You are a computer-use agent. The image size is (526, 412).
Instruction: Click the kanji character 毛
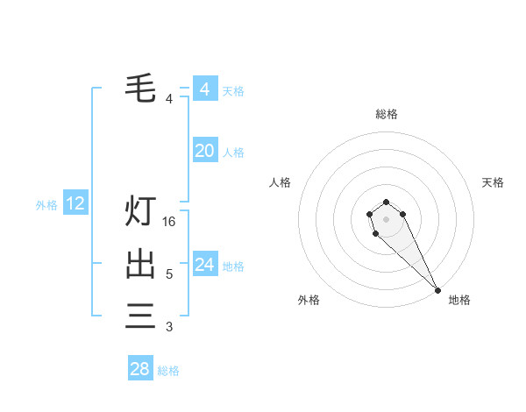click(x=140, y=88)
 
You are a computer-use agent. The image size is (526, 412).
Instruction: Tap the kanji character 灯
click(x=140, y=212)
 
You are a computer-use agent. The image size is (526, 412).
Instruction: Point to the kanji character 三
click(x=140, y=315)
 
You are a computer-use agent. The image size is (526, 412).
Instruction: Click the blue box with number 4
click(x=204, y=89)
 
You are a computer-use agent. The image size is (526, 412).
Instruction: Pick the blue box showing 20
click(x=204, y=151)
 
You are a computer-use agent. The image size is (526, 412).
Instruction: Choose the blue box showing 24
click(x=204, y=264)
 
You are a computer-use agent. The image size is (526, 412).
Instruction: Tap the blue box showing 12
click(x=75, y=204)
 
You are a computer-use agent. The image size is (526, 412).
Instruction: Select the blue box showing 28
click(x=140, y=369)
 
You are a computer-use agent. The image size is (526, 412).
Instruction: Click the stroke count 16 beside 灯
click(x=169, y=222)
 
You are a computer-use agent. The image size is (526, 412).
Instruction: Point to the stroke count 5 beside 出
click(x=169, y=274)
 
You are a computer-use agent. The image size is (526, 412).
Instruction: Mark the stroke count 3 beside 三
click(x=169, y=327)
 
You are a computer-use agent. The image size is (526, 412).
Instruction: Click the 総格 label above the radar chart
click(x=386, y=114)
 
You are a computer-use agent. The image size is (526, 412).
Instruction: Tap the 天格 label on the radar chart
click(x=493, y=182)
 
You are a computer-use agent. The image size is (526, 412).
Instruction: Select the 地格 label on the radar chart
click(x=459, y=300)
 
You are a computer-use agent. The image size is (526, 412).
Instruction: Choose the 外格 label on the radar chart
click(x=309, y=300)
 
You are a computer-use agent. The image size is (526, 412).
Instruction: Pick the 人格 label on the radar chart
click(x=280, y=182)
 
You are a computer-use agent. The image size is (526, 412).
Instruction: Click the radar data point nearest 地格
click(x=437, y=289)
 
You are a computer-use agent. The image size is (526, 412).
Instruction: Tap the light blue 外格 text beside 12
click(x=46, y=205)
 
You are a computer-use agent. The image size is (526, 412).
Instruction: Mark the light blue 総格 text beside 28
click(x=168, y=371)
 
